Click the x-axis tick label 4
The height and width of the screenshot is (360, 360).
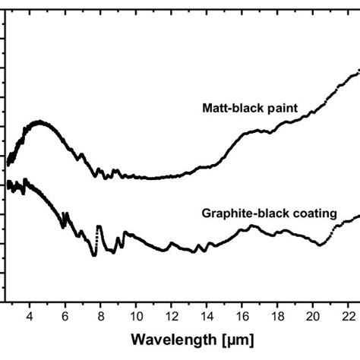pyautogui.click(x=30, y=314)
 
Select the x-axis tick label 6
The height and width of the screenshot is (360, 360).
pyautogui.click(x=65, y=314)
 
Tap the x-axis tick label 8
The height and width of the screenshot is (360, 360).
pyautogui.click(x=100, y=314)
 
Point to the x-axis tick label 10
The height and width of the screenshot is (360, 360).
pyautogui.click(x=136, y=314)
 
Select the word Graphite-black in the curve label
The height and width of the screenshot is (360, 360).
pyautogui.click(x=242, y=213)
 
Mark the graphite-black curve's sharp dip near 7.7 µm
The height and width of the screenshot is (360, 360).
pyautogui.click(x=94, y=254)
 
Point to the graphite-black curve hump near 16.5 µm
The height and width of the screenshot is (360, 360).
pyautogui.click(x=252, y=227)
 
